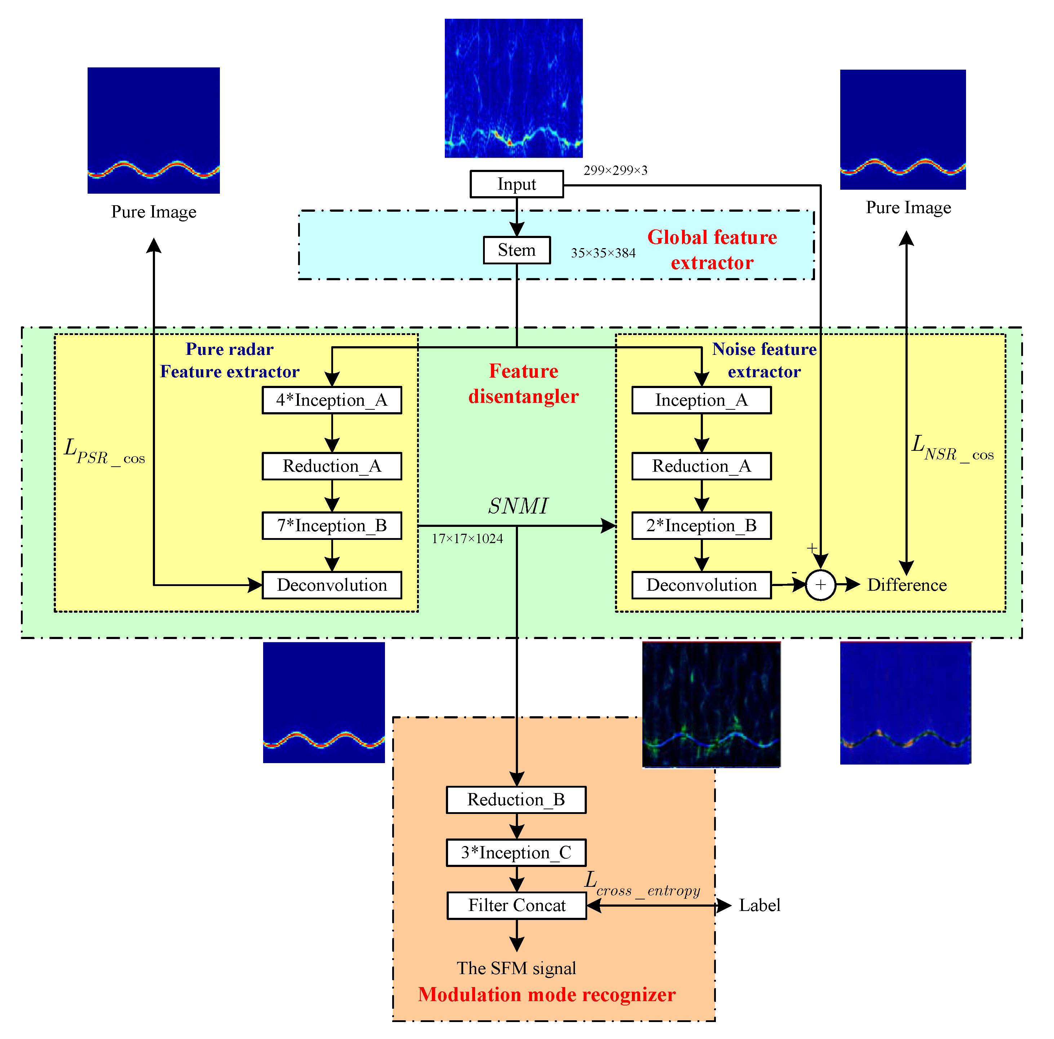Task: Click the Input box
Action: (516, 184)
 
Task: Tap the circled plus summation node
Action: (820, 585)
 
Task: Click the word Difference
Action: (907, 585)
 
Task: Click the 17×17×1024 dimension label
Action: (467, 538)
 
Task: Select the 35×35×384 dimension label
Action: (603, 253)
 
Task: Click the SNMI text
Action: (517, 506)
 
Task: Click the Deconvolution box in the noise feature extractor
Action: (701, 585)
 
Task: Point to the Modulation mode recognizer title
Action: (546, 994)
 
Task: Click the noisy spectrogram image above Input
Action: (513, 88)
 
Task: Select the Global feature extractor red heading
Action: (712, 250)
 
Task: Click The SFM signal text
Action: (516, 968)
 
